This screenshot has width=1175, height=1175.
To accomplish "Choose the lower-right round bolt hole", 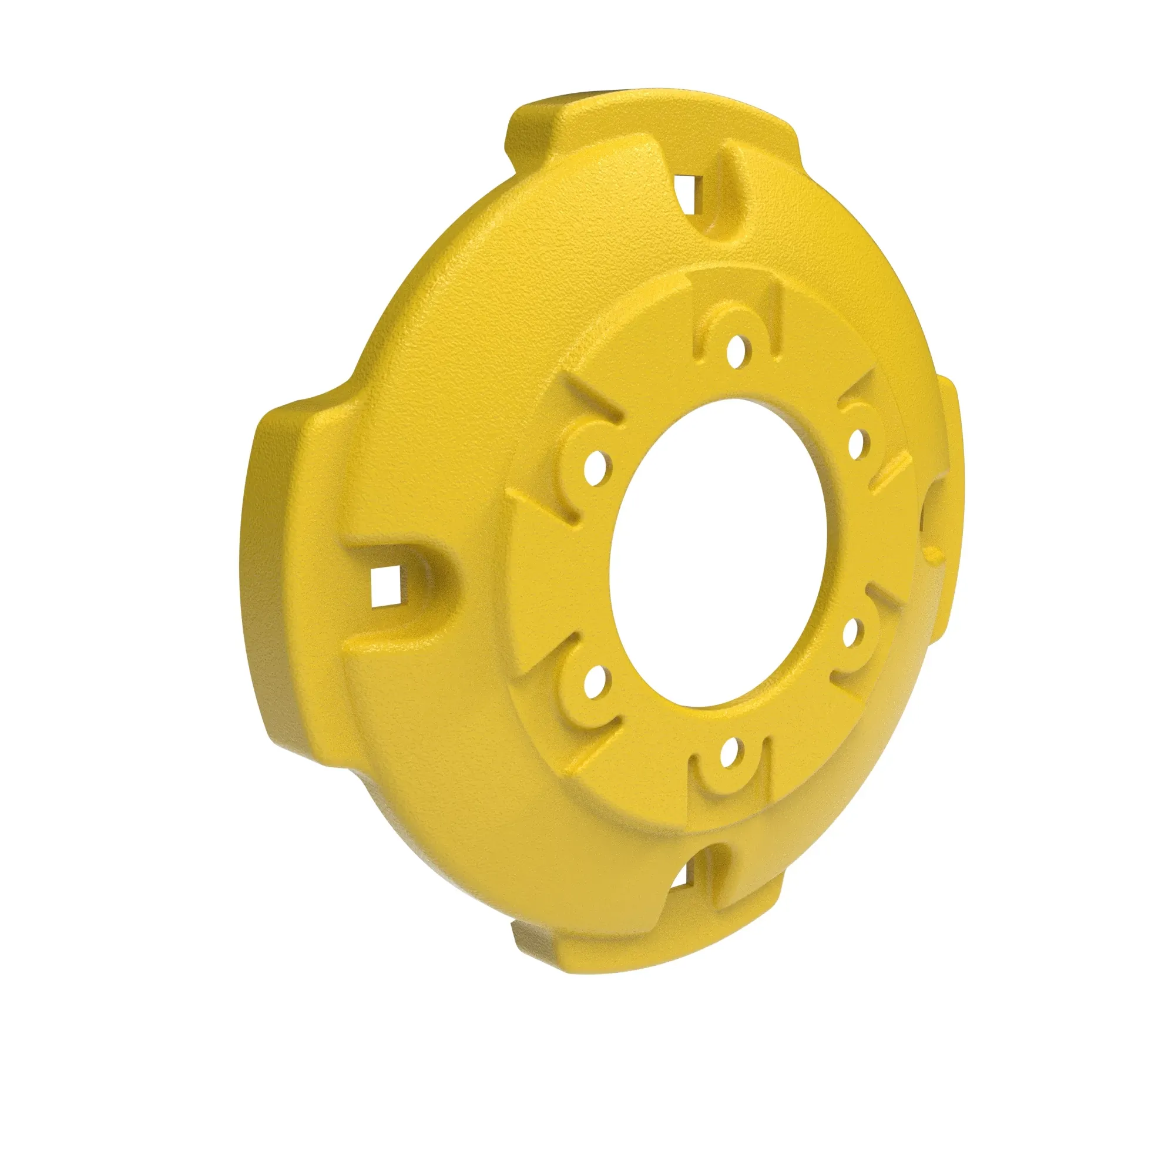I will tap(852, 628).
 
